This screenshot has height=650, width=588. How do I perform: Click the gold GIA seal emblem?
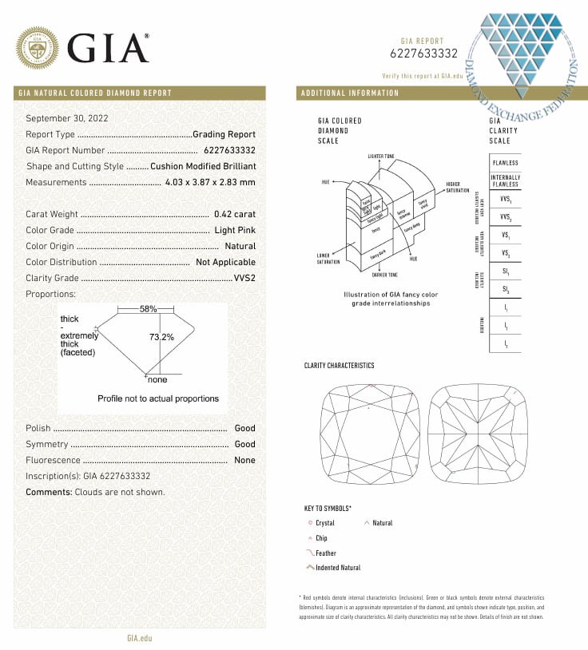click(38, 49)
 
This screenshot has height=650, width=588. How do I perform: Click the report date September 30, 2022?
click(67, 118)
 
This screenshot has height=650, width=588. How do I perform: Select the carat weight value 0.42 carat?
click(235, 214)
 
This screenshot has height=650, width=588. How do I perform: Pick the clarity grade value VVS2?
click(244, 278)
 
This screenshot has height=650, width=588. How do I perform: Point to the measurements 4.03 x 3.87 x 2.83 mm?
click(210, 182)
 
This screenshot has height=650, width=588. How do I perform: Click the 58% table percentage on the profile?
click(148, 308)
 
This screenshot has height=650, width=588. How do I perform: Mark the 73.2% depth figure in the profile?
click(161, 337)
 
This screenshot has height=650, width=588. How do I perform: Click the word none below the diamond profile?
click(157, 380)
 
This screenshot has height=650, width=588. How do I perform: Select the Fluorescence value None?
click(244, 460)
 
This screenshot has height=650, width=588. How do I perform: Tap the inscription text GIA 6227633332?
click(117, 476)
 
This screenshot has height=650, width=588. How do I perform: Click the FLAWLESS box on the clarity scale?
click(505, 163)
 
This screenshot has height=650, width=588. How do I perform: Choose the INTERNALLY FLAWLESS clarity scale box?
click(505, 180)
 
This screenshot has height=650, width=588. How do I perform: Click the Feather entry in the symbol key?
click(326, 553)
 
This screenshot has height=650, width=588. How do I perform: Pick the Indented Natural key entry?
click(338, 568)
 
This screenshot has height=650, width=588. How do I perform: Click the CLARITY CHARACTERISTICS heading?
click(339, 366)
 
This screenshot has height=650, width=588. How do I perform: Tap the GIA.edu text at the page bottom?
click(139, 637)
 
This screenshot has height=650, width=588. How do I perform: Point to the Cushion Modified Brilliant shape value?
click(203, 166)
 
